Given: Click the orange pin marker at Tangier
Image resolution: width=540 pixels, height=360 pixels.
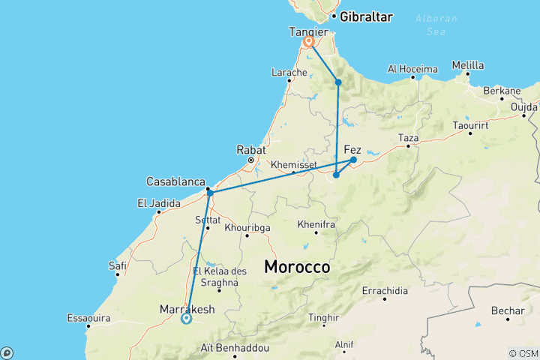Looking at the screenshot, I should click(308, 43).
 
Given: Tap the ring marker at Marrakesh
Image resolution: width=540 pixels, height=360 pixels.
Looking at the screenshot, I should click(186, 318).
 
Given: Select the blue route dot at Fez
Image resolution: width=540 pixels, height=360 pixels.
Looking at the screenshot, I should click(353, 160).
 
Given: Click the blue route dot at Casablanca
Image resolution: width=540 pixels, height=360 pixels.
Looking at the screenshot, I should click(210, 193).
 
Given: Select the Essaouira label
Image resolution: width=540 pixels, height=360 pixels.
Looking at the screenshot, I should click(88, 318).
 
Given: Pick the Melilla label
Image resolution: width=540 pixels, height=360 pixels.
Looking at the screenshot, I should click(469, 65).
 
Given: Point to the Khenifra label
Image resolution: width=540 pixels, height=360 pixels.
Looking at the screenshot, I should click(316, 223).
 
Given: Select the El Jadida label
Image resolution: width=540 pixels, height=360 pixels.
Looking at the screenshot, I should click(158, 202).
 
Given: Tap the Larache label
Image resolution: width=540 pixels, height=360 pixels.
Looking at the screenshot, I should click(289, 72).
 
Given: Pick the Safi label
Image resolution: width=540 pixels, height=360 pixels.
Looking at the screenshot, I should click(117, 265).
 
